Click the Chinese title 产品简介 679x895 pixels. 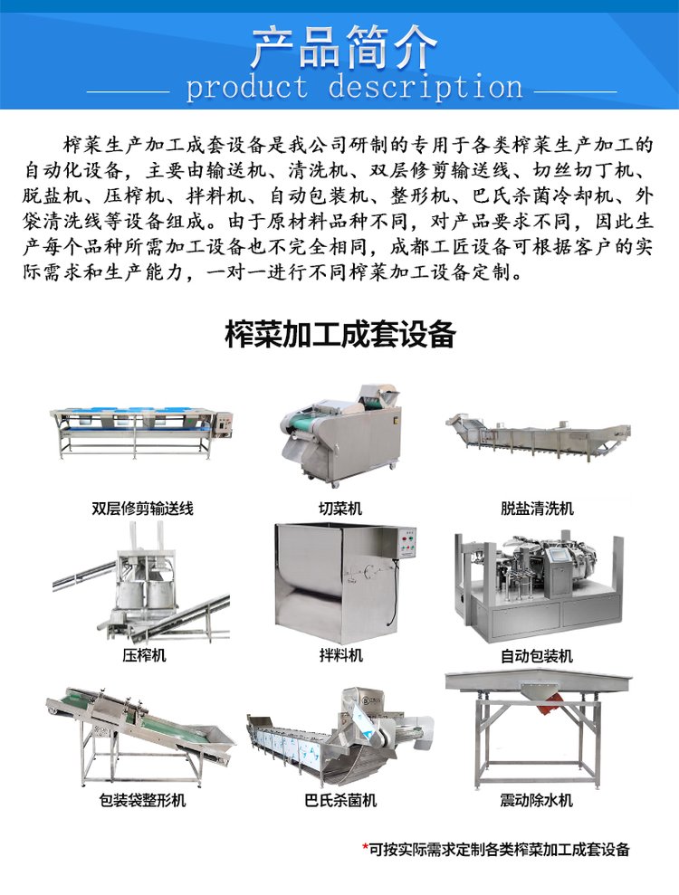(343, 47)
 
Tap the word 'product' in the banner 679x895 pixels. (247, 88)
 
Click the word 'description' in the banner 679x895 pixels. (426, 88)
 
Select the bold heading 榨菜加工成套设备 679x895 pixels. (340, 334)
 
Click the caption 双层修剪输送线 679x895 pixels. (143, 508)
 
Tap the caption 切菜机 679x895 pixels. (340, 508)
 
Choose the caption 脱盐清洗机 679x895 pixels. (537, 508)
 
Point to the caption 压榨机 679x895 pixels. (144, 654)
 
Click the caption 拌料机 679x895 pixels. (341, 654)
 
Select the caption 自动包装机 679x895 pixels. (537, 656)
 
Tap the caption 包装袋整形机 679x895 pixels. (143, 800)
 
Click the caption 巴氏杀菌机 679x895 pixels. (341, 800)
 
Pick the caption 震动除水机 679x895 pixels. (537, 800)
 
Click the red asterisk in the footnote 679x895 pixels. (366, 848)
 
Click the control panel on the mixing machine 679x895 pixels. (406, 543)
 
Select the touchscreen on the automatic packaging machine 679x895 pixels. (554, 557)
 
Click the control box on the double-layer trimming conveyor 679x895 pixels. (225, 426)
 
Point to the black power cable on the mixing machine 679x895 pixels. (393, 594)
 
